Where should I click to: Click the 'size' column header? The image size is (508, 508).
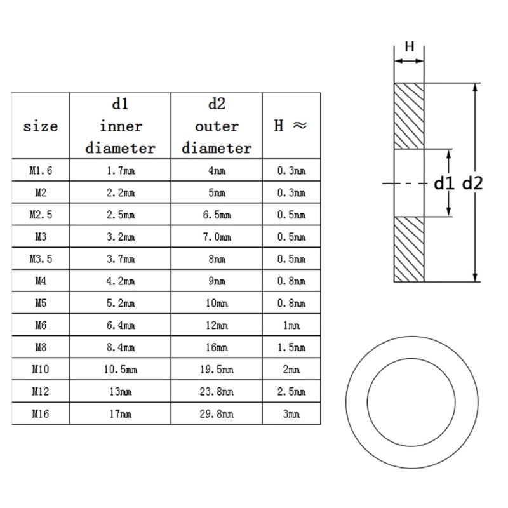coord(41,126)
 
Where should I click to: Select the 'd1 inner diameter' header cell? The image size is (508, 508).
coord(120,126)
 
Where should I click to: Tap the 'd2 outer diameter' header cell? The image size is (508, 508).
coord(217,126)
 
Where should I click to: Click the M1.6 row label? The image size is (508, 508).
coord(41,170)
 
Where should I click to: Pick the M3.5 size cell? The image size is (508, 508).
coord(41,259)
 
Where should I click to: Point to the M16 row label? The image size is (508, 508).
coord(41,414)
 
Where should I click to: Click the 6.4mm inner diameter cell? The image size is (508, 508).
coord(120,325)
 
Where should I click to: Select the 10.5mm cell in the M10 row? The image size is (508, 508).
coord(120,370)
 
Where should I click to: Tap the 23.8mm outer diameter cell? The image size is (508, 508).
coord(217,392)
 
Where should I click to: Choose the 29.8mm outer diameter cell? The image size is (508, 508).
coord(217,414)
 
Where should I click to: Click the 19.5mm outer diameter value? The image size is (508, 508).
coord(217,370)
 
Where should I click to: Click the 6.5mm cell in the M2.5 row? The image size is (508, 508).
coord(217,215)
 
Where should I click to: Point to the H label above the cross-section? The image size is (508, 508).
coord(410,46)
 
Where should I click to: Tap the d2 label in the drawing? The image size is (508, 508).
coord(473,184)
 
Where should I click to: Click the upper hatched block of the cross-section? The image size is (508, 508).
coord(410,116)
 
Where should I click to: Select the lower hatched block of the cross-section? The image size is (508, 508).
coord(410,249)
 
